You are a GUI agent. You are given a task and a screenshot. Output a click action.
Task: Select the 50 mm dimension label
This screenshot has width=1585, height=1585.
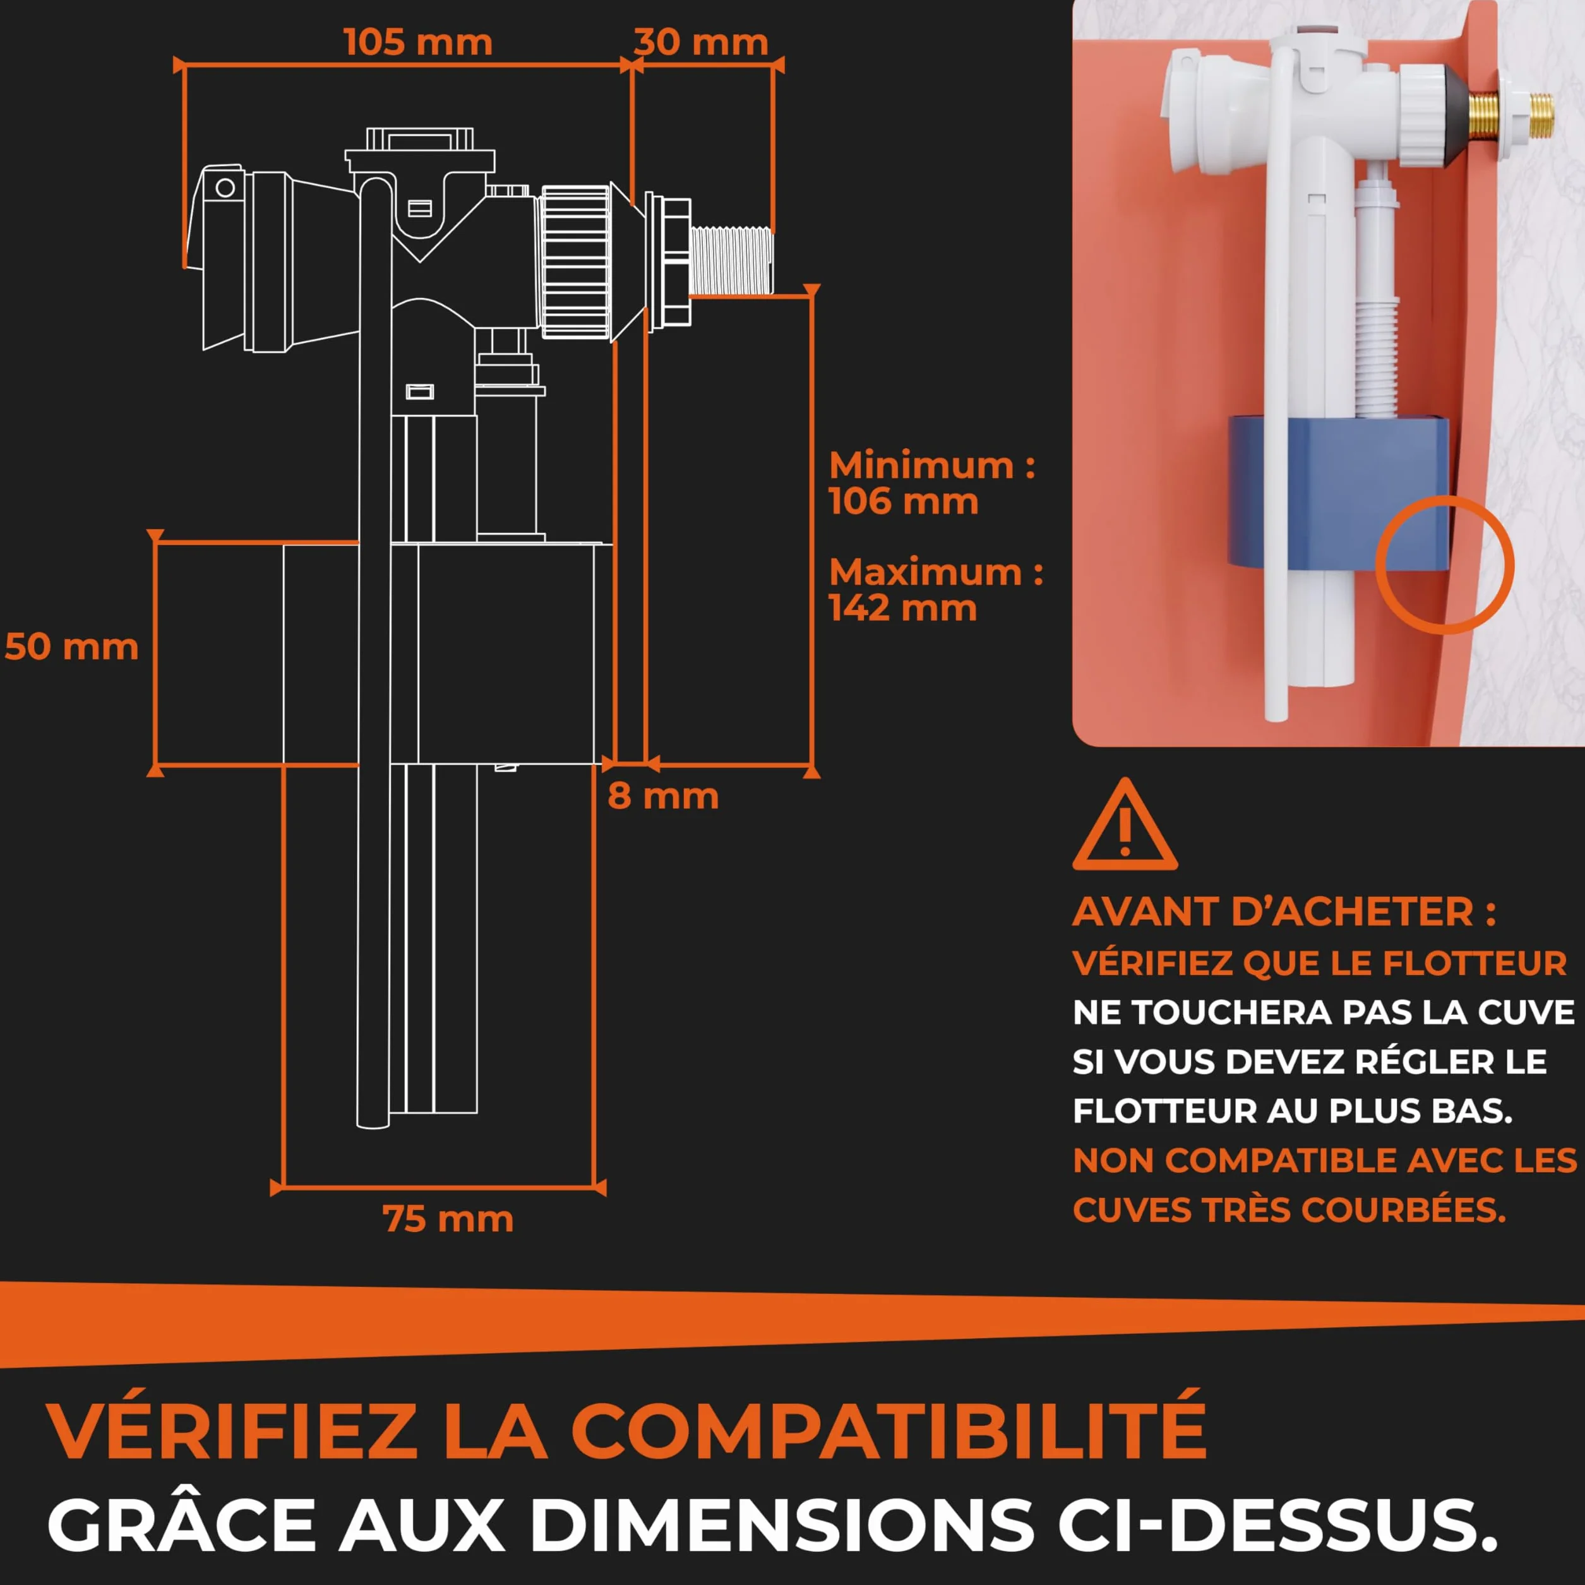72,647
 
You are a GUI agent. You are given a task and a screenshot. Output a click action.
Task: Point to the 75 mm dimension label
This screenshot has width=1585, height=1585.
448,1219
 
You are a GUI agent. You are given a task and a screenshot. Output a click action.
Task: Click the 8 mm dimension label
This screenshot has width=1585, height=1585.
663,796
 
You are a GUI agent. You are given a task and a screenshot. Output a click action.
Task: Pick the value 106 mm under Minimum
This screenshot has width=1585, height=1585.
903,501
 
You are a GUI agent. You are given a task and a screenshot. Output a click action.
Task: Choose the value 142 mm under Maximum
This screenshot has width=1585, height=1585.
902,608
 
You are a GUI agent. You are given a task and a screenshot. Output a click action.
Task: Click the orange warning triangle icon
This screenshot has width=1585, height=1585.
1125,825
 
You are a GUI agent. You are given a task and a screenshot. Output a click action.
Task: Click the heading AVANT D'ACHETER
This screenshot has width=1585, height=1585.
1284,912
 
